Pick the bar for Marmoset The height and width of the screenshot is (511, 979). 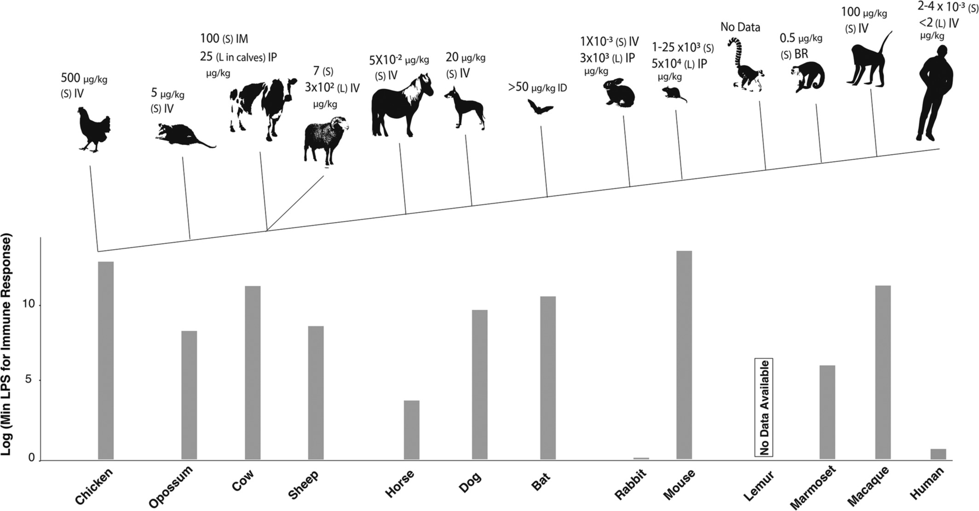827,412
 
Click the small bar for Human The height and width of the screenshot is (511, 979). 938,454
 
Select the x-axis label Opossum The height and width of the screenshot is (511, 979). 171,487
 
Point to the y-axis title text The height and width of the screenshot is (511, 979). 8,345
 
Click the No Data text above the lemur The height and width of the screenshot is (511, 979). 740,27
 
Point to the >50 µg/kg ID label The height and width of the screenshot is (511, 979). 537,87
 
